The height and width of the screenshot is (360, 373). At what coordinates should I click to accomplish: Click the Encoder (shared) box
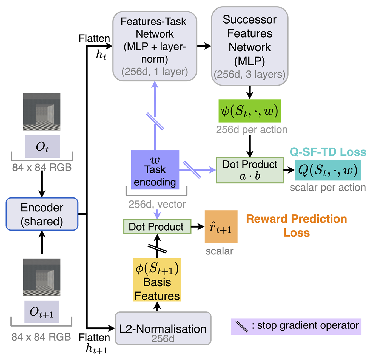(42, 214)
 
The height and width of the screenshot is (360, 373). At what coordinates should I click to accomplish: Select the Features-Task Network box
(155, 46)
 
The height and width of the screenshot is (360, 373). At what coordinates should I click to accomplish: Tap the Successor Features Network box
(249, 46)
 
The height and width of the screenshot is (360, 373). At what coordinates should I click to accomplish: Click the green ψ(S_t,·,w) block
(249, 111)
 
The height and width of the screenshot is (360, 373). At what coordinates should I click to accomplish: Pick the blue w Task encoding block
(155, 170)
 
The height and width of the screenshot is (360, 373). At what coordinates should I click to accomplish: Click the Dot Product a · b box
(250, 170)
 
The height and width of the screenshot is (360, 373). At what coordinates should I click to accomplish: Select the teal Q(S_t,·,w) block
(328, 170)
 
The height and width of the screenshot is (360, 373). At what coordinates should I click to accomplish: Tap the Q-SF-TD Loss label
(328, 152)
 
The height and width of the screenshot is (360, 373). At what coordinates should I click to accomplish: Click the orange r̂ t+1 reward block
(221, 227)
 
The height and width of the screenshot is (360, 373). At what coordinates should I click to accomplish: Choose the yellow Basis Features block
(157, 280)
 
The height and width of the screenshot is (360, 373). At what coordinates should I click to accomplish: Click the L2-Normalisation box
(163, 328)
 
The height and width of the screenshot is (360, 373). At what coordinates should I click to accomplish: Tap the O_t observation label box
(42, 147)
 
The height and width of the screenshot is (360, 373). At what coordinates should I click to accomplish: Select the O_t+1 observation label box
(42, 312)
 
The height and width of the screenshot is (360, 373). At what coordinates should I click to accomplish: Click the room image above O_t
(42, 112)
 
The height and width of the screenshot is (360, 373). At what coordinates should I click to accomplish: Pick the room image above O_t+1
(42, 277)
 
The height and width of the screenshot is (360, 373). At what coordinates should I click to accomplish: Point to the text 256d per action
(252, 130)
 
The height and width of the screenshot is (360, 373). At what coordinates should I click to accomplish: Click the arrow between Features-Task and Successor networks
(204, 46)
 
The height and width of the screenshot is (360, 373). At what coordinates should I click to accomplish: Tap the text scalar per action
(328, 188)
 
